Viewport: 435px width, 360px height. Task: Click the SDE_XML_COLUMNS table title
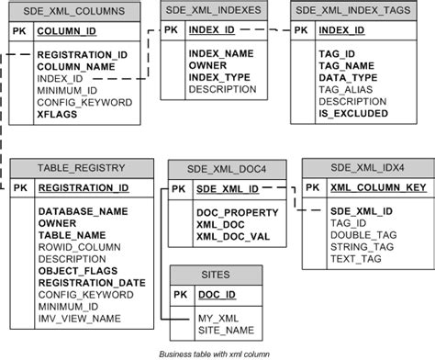pos(75,12)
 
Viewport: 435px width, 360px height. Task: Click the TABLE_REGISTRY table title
pos(81,167)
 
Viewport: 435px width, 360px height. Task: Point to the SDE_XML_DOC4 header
pos(226,167)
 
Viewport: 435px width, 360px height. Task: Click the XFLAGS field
pos(57,116)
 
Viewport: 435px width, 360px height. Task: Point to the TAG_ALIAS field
pos(345,89)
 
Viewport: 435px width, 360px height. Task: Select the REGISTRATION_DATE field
pos(93,282)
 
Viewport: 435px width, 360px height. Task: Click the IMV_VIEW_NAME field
pos(79,318)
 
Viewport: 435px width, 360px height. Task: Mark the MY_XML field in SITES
pos(217,317)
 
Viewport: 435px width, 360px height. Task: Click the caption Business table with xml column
pos(217,353)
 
